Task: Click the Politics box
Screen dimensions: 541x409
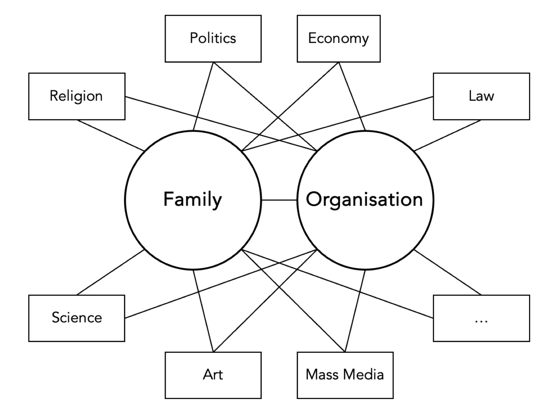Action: (x=213, y=39)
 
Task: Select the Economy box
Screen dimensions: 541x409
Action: (x=339, y=39)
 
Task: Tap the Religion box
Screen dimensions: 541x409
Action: (x=77, y=96)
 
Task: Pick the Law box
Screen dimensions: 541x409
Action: (x=481, y=96)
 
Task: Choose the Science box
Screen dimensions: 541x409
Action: (x=77, y=318)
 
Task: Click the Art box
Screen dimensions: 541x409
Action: (x=213, y=375)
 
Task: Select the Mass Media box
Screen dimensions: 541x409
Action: (x=345, y=375)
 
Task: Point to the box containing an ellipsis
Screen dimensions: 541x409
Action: (x=481, y=318)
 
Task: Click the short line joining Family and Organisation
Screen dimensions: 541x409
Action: (x=279, y=200)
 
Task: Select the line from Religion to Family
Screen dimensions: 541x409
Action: (x=111, y=135)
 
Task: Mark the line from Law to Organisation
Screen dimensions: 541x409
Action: (x=448, y=135)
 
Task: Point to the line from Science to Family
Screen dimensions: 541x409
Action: (x=110, y=272)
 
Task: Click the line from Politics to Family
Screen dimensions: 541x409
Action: (x=203, y=96)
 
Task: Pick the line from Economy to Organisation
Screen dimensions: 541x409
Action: (x=352, y=96)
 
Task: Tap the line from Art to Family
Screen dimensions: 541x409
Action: (x=203, y=311)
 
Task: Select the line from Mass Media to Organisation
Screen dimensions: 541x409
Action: (x=355, y=311)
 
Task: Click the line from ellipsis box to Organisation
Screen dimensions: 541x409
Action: (x=448, y=272)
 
